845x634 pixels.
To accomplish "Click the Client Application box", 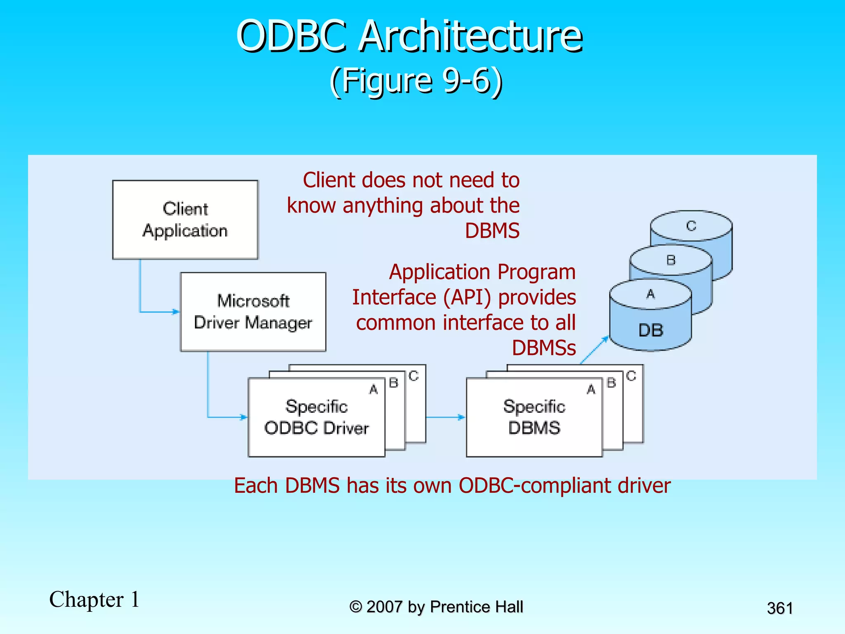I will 185,220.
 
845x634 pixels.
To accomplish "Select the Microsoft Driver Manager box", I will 253,312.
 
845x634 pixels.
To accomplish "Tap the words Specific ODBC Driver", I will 316,417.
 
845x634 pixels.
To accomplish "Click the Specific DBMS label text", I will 534,417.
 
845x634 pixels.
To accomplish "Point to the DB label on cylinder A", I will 651,330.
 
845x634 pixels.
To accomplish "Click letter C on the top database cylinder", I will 691,226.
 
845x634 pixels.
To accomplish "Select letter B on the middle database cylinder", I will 671,260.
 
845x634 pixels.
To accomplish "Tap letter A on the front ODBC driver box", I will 373,389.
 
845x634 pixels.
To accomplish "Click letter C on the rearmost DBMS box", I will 631,376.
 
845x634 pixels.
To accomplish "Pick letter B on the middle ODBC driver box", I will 394,383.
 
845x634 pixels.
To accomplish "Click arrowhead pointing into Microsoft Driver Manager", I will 176,312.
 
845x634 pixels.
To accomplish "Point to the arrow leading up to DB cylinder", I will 594,350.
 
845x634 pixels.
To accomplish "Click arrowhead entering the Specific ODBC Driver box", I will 244,417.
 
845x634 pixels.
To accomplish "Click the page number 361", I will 779,608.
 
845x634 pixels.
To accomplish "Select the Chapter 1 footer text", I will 94,599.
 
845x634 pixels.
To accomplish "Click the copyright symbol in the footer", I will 355,607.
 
